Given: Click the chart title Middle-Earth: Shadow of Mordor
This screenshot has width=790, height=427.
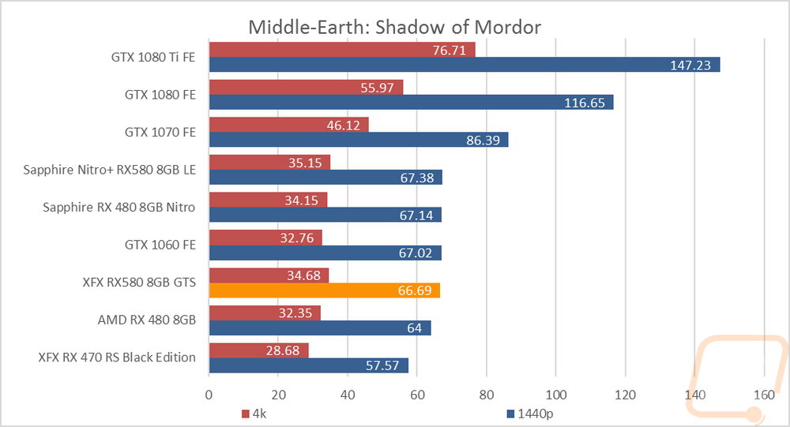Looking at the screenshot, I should (x=394, y=27).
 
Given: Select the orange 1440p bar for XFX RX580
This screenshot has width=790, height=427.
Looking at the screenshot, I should (x=324, y=290).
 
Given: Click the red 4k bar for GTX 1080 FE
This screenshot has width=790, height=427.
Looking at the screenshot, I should (x=306, y=87).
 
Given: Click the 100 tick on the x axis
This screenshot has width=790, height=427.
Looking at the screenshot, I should (x=556, y=393).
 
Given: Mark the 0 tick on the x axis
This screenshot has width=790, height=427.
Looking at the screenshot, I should (x=209, y=393).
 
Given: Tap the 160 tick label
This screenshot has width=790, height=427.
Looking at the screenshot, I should (x=764, y=393).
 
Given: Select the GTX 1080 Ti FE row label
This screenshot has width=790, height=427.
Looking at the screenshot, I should (x=153, y=57).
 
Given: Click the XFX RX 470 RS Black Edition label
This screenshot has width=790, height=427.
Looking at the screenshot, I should (x=116, y=358).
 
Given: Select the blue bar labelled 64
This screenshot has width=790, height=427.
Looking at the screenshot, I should (x=319, y=328).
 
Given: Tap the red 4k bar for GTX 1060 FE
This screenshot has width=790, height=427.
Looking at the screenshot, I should (x=265, y=238).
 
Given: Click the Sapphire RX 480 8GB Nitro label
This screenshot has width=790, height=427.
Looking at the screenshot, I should (x=119, y=208).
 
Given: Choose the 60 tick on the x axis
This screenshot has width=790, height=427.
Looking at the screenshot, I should (x=417, y=393).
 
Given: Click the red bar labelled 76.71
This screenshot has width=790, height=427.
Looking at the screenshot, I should (x=341, y=50).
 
